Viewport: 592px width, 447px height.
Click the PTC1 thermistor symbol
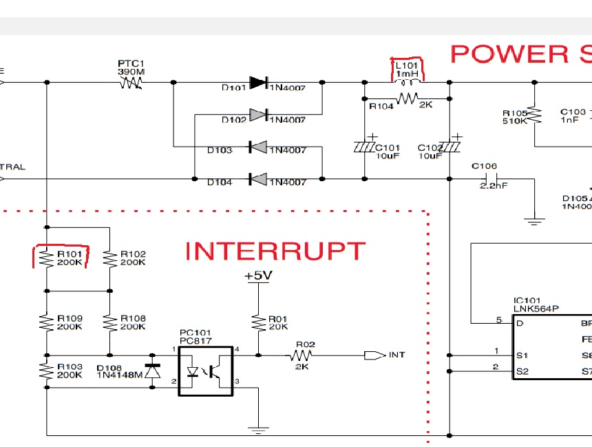(x=131, y=83)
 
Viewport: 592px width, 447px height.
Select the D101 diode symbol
(x=258, y=83)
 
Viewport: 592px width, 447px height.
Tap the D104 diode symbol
(x=258, y=179)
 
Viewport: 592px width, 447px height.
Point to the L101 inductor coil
(x=407, y=78)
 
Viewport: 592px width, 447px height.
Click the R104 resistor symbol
(x=407, y=99)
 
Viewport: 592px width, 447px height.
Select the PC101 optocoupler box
(x=206, y=371)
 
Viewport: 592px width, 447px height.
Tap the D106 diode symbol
(x=152, y=370)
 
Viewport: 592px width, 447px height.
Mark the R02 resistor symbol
(x=302, y=355)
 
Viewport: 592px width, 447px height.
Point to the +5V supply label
(x=258, y=276)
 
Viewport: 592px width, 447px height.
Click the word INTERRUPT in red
(x=275, y=251)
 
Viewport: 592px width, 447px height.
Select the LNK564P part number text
(x=534, y=308)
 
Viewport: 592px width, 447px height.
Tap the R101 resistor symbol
(x=46, y=258)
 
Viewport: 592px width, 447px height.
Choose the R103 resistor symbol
(x=46, y=371)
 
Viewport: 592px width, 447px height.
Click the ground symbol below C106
(x=533, y=220)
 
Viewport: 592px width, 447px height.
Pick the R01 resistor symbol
(x=258, y=322)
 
